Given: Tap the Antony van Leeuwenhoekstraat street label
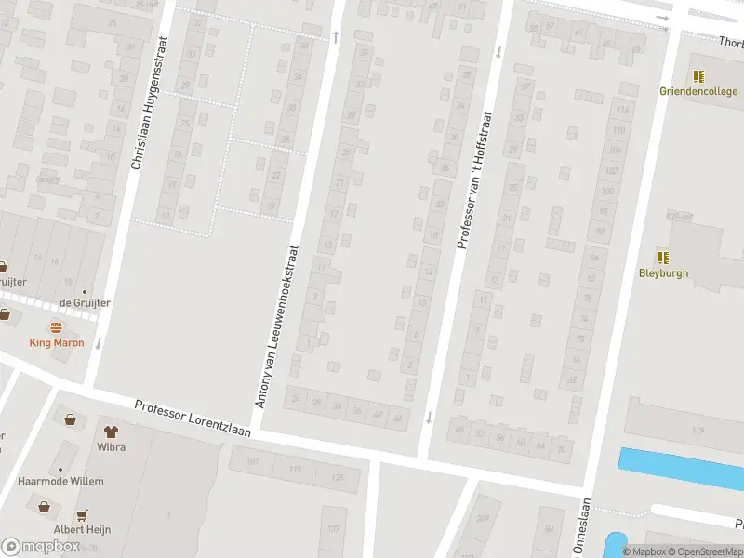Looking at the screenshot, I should pos(276,325).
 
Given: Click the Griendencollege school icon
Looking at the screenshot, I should pos(698,76).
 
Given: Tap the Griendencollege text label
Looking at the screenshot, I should pos(698,91).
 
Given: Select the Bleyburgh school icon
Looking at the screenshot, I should pos(663,258).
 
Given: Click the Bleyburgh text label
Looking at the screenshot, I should pos(663,272).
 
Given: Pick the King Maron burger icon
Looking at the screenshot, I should pos(56,327).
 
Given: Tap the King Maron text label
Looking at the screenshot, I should pos(56,342).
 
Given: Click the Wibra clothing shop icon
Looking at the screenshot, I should pos(110,432).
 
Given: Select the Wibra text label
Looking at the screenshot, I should pos(110,446).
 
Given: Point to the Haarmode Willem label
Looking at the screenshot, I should pos(61,481).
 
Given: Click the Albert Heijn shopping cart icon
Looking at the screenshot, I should pos(82,513).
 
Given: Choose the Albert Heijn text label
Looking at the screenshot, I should pos(82,529).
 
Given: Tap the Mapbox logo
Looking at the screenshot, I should pos(41,547).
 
